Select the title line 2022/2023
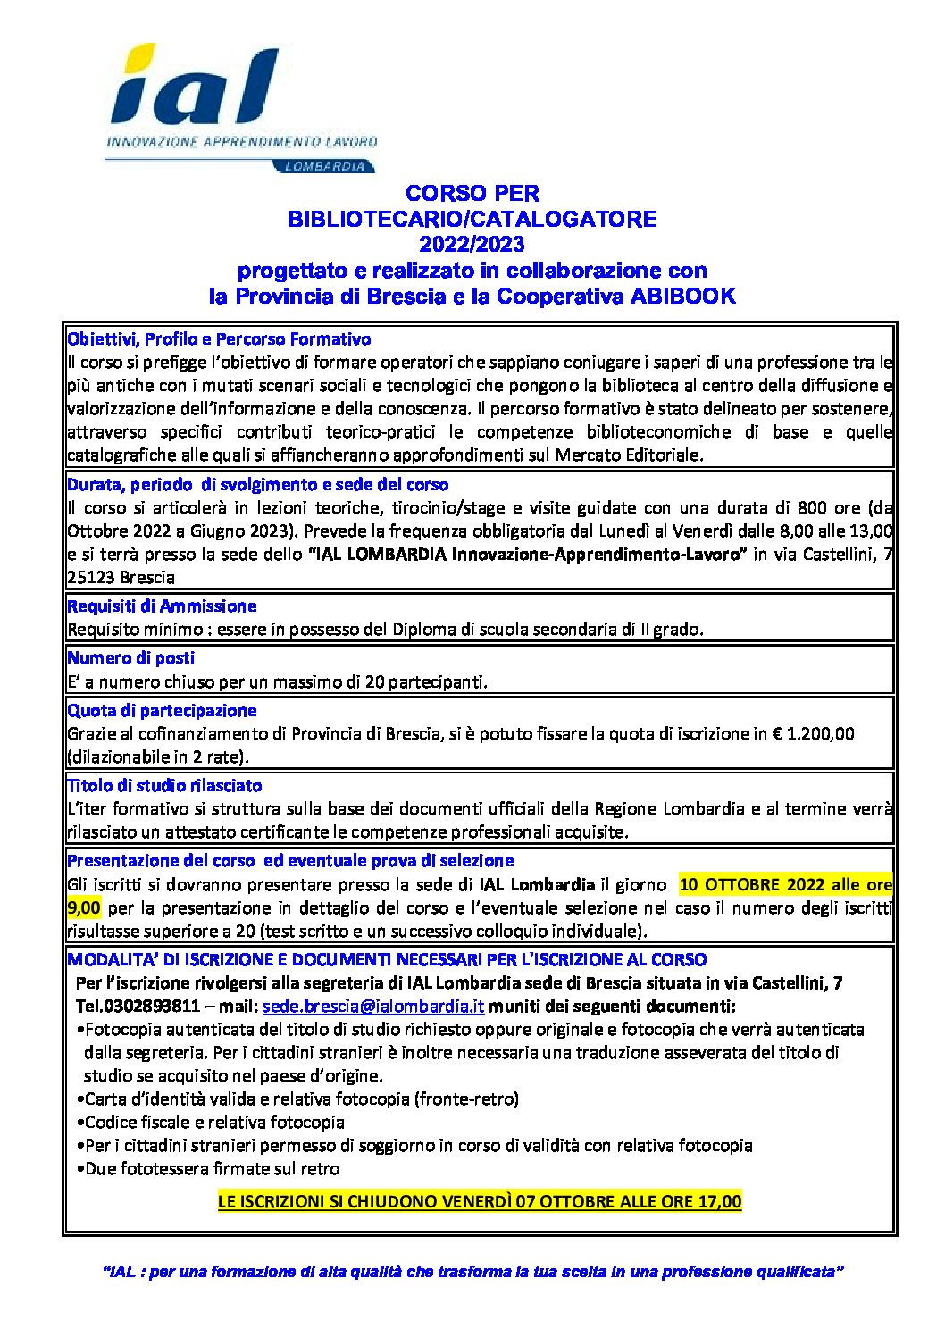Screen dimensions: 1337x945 (472, 244)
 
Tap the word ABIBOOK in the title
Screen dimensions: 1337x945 (683, 297)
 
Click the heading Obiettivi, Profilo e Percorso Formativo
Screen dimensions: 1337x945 (219, 339)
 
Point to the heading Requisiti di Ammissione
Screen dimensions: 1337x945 (162, 606)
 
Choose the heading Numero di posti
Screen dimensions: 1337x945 (130, 658)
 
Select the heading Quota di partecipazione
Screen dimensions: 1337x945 (162, 711)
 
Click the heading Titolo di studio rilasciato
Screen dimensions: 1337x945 (164, 786)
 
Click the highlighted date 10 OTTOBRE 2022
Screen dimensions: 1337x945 (752, 885)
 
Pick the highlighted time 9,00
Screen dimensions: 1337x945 (84, 908)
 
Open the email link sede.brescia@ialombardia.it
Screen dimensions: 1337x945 (373, 1007)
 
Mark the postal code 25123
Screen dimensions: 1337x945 (91, 578)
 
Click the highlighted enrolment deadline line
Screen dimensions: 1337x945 (480, 1201)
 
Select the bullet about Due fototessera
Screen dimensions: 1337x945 (212, 1169)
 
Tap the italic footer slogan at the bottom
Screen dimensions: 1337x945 (473, 1271)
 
